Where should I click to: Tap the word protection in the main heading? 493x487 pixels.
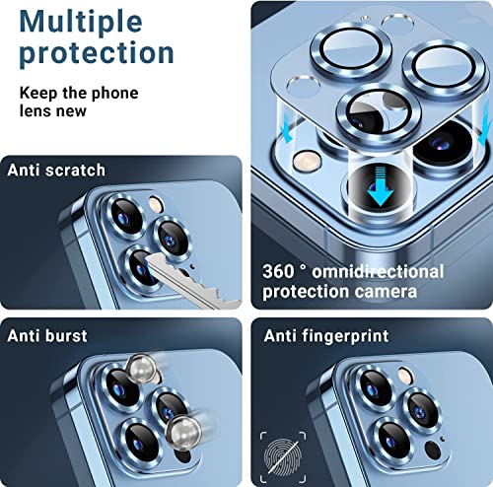tap(97, 52)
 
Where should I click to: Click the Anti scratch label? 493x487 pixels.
tap(56, 170)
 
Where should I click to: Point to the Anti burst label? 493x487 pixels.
tap(47, 336)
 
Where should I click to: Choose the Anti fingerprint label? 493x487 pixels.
tap(326, 336)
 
